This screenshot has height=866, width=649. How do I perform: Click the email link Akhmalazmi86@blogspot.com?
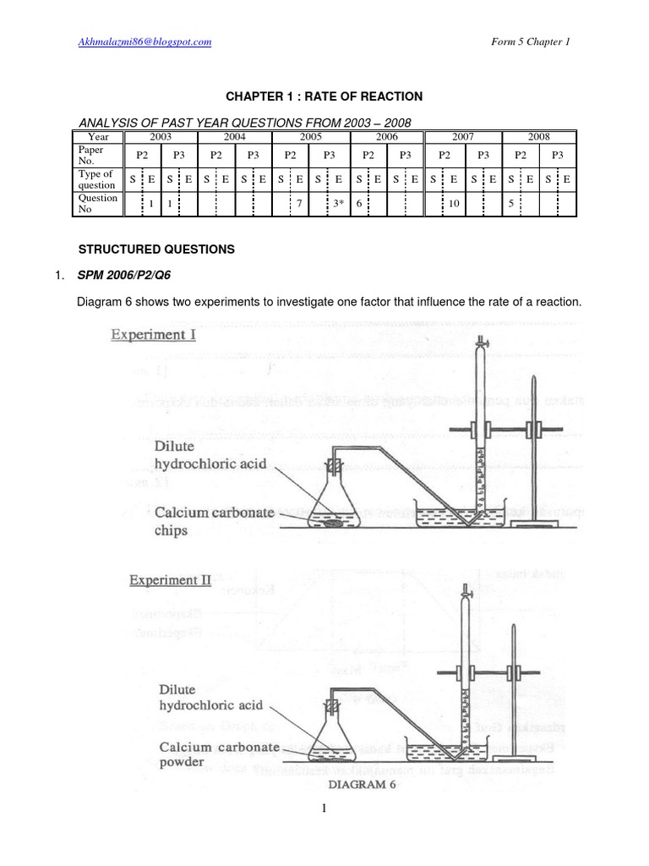coord(145,41)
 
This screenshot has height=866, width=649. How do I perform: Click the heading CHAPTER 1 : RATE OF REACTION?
coord(324,96)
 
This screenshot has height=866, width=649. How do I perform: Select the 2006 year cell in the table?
coord(386,137)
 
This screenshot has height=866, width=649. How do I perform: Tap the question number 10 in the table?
coord(454,205)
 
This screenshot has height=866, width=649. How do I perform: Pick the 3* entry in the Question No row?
coord(338,205)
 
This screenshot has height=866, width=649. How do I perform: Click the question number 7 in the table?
coord(299,205)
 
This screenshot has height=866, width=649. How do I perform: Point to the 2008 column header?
coord(538,137)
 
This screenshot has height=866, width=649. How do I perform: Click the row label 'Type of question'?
coord(95,179)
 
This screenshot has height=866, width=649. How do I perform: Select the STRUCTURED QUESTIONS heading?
coord(156,250)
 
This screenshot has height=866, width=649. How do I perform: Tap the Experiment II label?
coord(169,580)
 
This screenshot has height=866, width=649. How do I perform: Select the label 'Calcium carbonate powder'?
coord(211,755)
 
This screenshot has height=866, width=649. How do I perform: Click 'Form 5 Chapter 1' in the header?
coord(530,41)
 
